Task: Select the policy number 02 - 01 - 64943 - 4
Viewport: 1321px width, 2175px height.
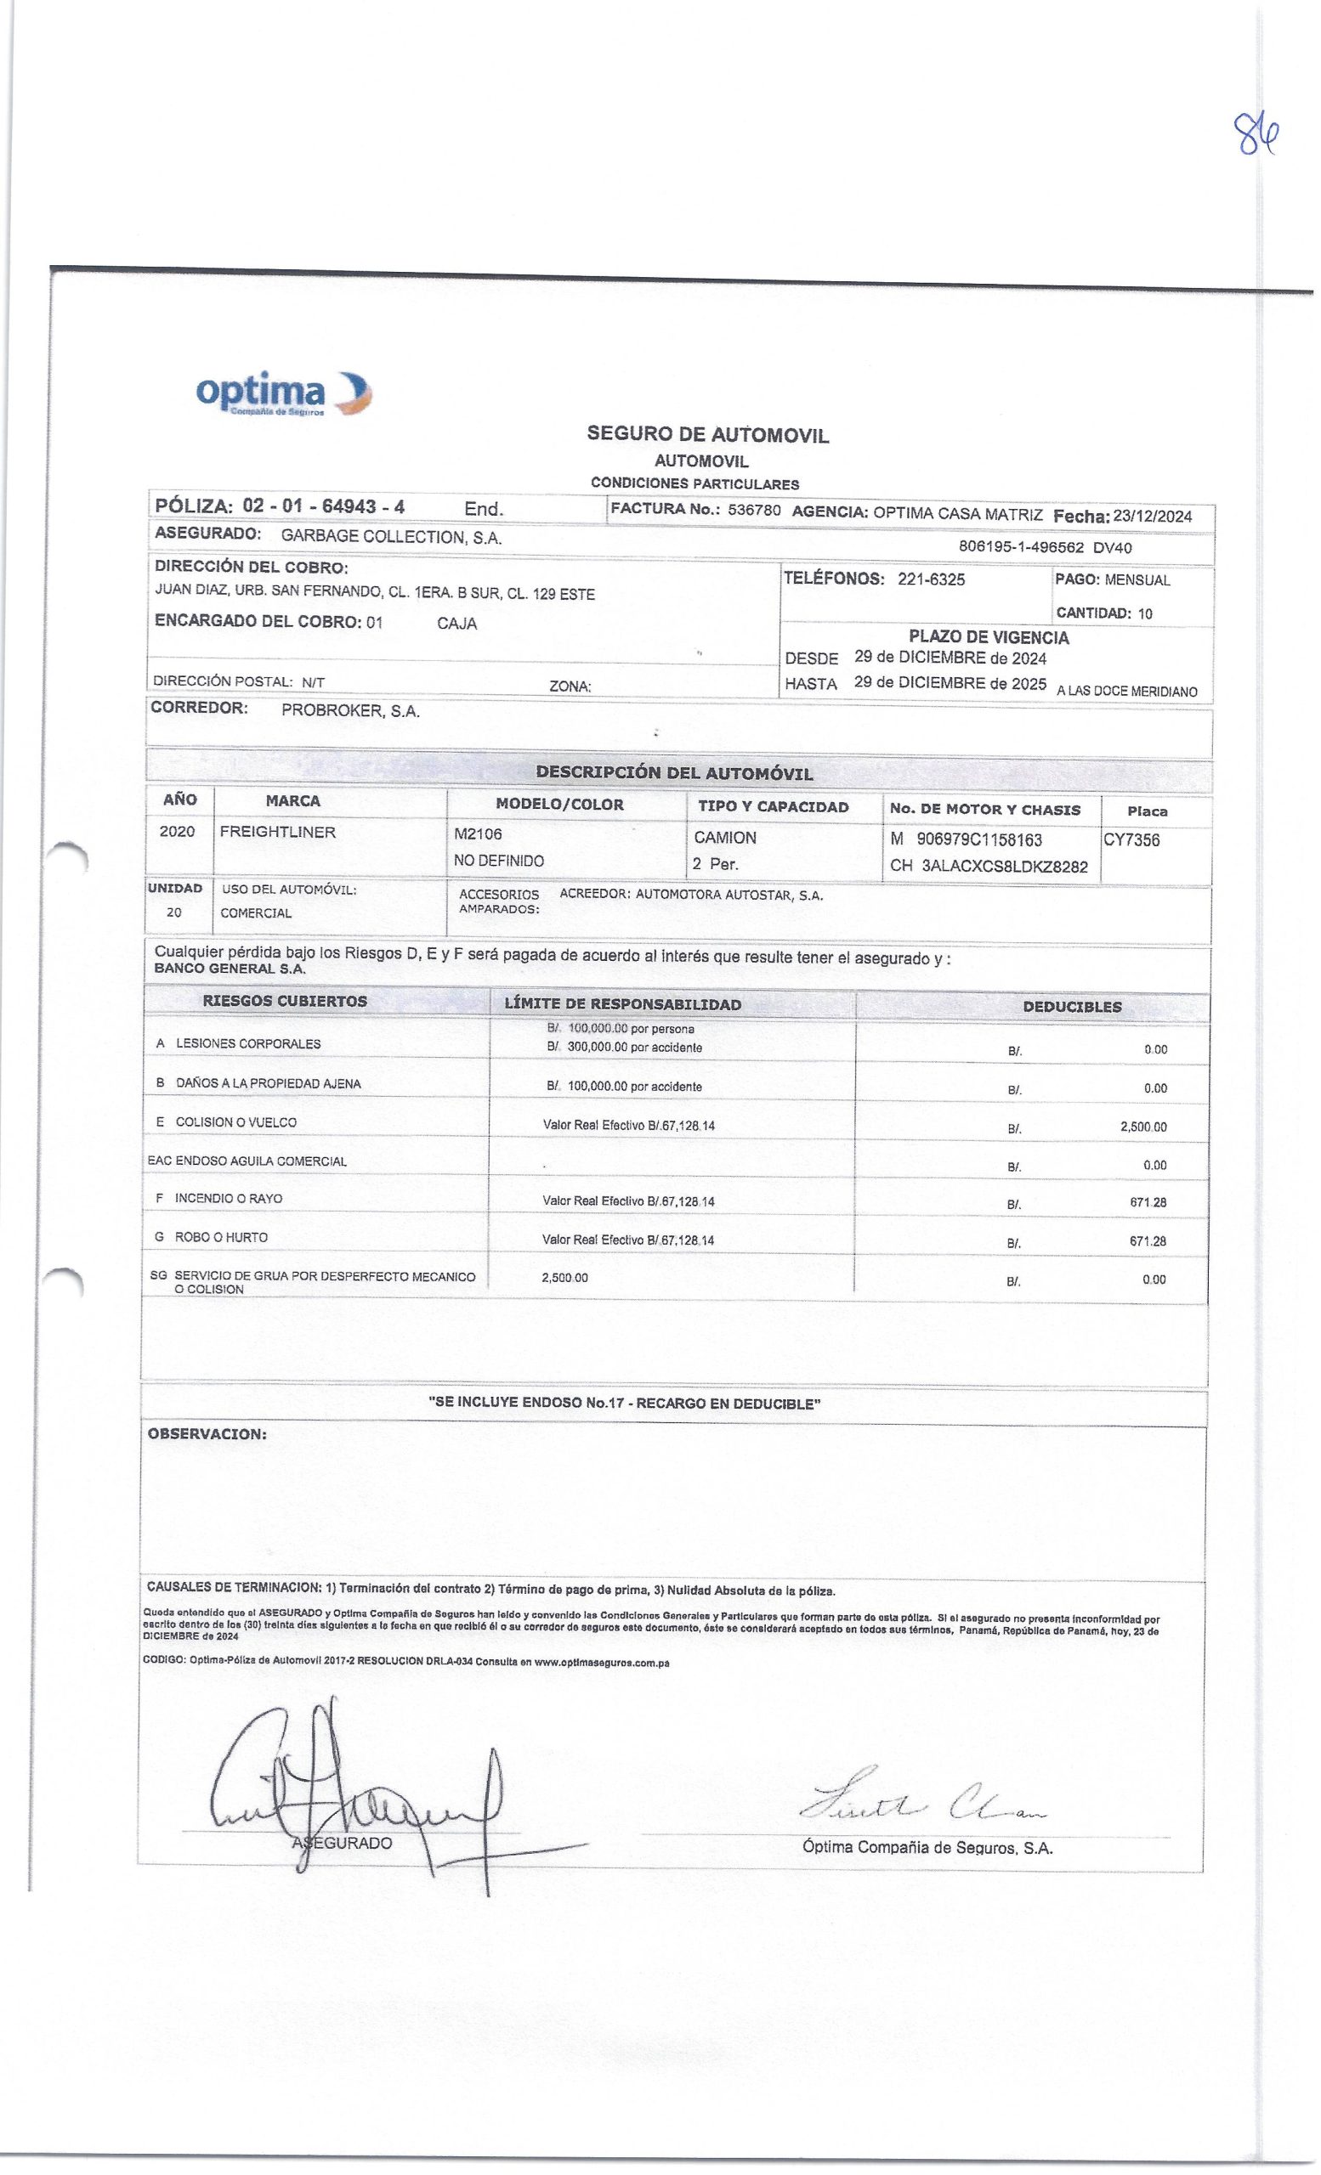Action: point(323,506)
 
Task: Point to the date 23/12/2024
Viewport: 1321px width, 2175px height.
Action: point(1153,517)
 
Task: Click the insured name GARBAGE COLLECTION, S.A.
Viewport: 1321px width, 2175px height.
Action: point(391,537)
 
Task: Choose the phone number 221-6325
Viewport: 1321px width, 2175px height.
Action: point(931,579)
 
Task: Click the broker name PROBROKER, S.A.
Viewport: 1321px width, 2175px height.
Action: point(349,711)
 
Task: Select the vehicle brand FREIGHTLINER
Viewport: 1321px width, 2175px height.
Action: point(277,833)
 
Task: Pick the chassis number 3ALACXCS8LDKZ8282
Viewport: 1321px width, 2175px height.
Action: point(1004,866)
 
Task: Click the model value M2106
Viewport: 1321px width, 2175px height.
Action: point(478,834)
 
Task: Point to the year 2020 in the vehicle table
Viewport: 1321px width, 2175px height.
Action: point(177,833)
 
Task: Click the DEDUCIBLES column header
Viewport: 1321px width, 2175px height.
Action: point(1071,1006)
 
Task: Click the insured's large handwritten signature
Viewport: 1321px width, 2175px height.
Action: point(354,1783)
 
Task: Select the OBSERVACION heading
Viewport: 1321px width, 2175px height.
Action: point(207,1434)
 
